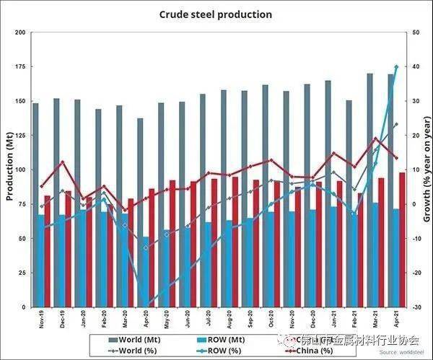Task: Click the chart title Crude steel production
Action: coord(216,14)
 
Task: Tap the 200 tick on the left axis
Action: coord(19,32)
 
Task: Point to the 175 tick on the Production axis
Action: coord(19,67)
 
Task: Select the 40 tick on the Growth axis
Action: coord(416,67)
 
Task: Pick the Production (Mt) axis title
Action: coord(9,170)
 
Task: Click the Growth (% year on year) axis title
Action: coord(427,170)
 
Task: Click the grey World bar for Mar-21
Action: coord(369,180)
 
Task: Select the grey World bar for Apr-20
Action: coord(141,209)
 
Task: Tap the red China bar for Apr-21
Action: coord(402,238)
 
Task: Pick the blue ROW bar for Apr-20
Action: coord(146,271)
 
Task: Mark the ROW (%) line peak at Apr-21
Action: coord(396,67)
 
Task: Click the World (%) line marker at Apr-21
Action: coord(396,125)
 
